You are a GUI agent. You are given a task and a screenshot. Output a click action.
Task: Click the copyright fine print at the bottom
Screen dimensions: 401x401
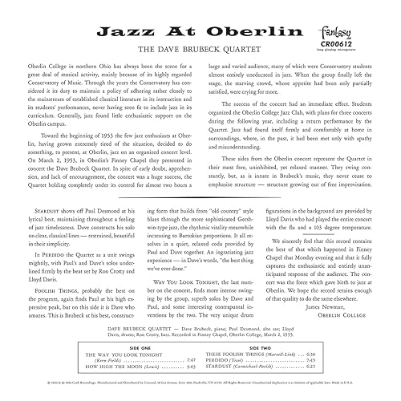point(200,383)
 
